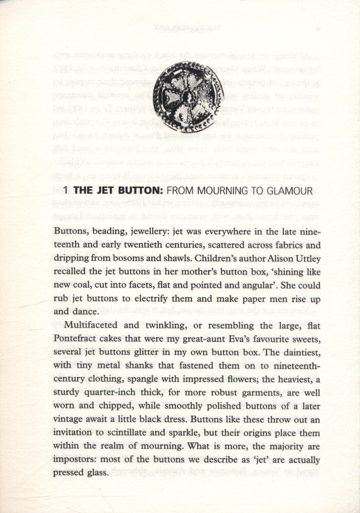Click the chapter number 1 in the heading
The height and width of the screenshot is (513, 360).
(x=66, y=191)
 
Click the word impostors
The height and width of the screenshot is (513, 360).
(x=75, y=459)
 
